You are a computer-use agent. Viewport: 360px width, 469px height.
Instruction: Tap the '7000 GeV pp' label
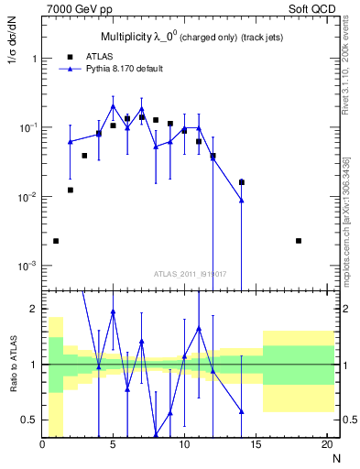[x=71, y=8]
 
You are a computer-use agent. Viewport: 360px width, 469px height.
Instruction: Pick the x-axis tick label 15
[x=256, y=445]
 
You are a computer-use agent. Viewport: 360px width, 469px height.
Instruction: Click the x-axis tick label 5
[x=113, y=445]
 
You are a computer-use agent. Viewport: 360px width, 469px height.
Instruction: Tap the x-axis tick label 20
[x=327, y=445]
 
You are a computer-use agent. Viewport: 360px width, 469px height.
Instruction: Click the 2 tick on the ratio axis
[x=33, y=309]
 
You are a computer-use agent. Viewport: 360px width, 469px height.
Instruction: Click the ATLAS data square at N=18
[x=299, y=241]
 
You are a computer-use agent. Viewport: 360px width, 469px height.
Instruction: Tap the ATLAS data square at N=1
[x=56, y=241]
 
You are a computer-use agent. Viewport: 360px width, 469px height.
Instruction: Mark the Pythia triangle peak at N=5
[x=113, y=106]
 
